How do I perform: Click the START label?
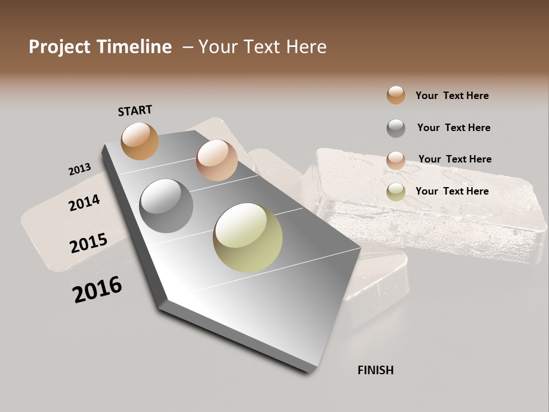coord(135,110)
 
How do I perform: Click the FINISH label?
coord(375,370)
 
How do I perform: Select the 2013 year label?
coord(79,169)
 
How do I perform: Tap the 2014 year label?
coord(84,203)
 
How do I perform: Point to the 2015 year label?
coord(88,243)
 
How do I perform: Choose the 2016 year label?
coord(97,290)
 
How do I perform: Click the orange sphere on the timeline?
coord(140,141)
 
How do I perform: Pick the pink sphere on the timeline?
coord(217,160)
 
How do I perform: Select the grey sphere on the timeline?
coord(166,206)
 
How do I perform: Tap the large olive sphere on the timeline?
coord(248,237)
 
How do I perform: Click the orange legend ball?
coord(396,95)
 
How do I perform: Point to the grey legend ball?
coord(396,128)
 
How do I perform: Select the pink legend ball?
coord(396,160)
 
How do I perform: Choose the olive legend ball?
coord(396,192)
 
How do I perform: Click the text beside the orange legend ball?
coord(452,96)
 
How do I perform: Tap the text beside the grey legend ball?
coord(453,128)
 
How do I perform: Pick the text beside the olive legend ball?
coord(452,191)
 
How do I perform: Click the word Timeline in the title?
coord(134,47)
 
